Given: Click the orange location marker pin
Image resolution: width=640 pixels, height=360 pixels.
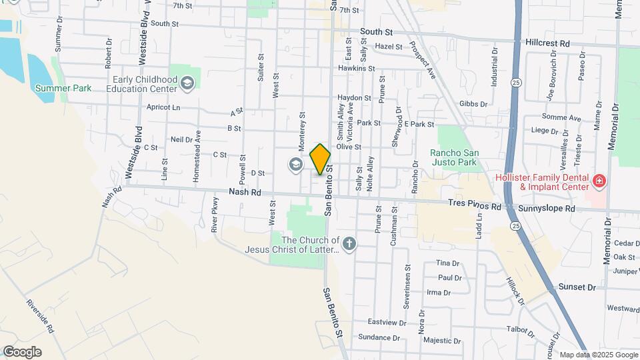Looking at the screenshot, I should coord(320,159).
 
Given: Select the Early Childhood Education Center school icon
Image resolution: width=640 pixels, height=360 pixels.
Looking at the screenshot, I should coord(188,83).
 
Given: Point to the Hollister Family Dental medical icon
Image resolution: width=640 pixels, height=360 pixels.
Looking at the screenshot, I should coord(599,181).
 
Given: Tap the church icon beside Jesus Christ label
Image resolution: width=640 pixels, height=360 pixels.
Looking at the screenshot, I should coord(349,244).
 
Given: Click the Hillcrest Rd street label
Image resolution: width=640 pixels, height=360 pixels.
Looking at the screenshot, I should coord(547,43).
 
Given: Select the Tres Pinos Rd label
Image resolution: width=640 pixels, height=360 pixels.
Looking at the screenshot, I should coord(474,207).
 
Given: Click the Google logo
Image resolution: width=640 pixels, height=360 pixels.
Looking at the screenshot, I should coord(22,352).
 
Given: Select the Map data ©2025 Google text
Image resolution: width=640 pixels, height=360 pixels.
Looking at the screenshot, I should coord(598,355).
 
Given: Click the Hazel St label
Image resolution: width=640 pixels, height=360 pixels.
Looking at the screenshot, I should coord(388,47).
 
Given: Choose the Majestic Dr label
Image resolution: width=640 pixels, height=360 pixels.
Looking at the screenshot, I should coord(442,341).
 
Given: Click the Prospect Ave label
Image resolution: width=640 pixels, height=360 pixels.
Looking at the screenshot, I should coord(423,59).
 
